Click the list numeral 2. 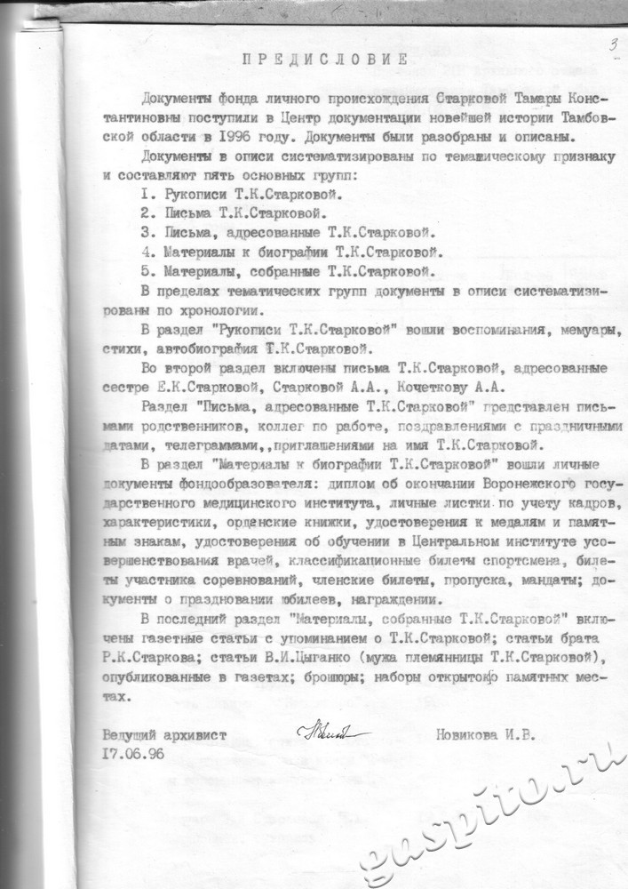coord(145,214)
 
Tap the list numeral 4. coord(145,252)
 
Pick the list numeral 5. coord(145,271)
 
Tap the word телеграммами coord(174,444)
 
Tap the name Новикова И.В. coord(486,735)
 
